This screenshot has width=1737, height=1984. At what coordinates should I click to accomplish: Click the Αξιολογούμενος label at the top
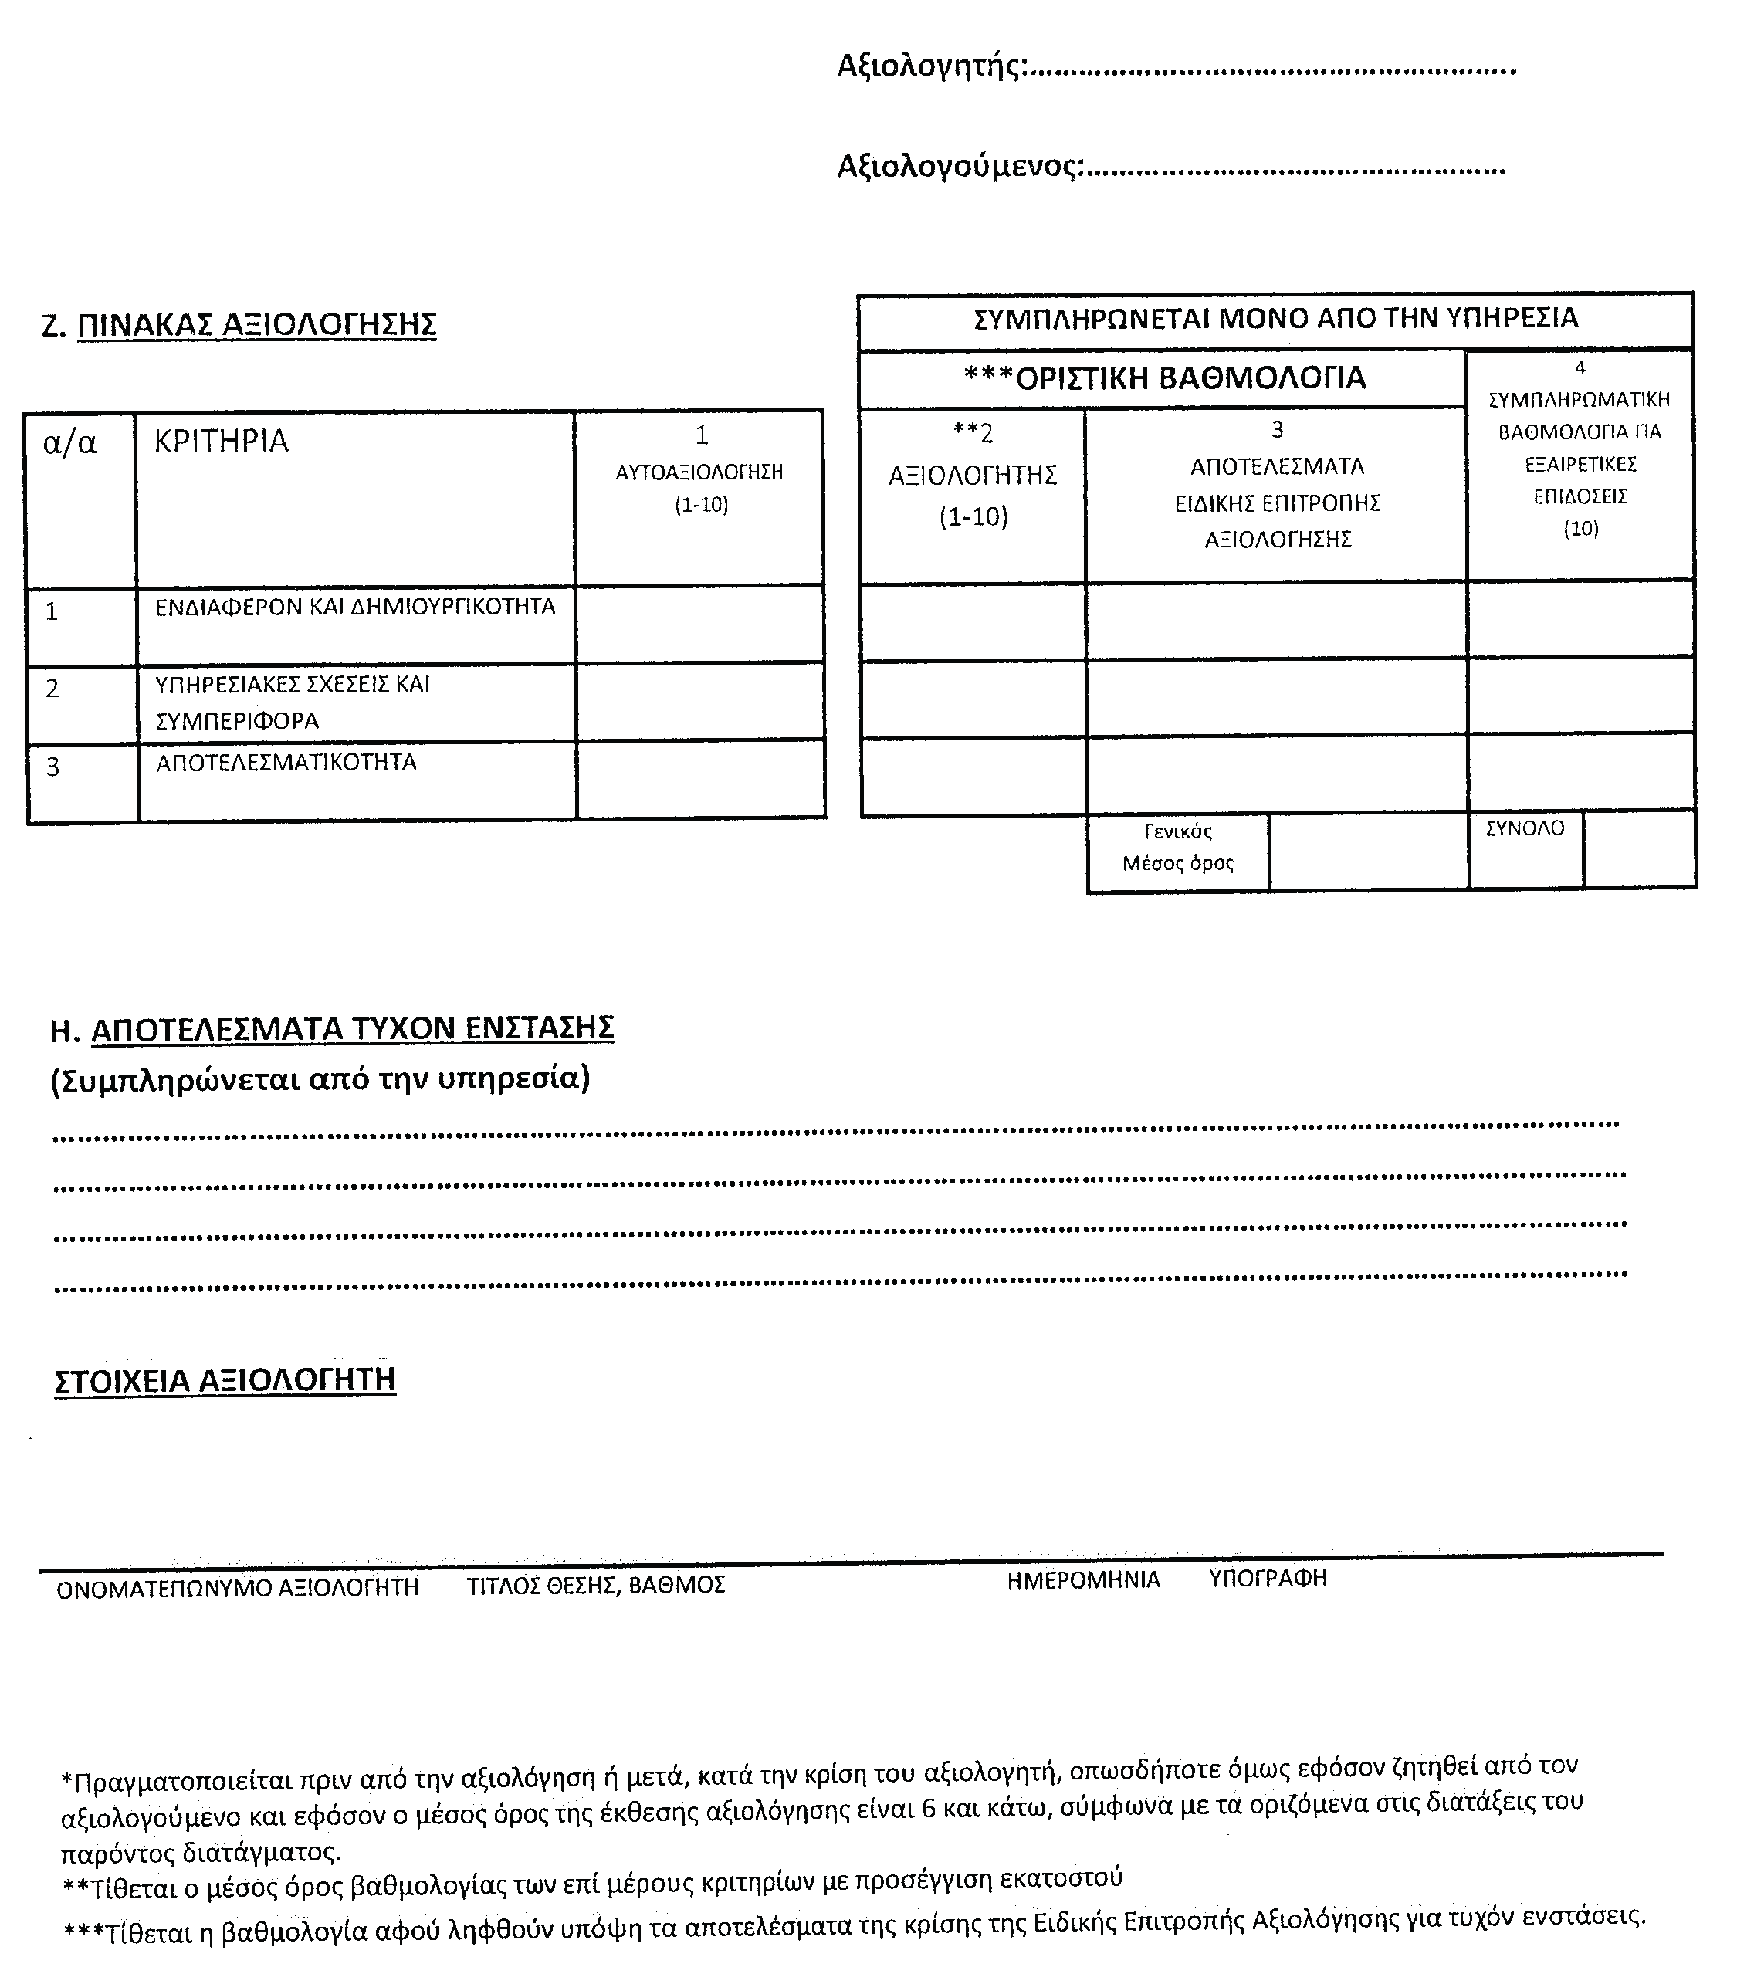pos(959,167)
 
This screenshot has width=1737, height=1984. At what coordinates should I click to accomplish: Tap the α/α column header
pos(69,442)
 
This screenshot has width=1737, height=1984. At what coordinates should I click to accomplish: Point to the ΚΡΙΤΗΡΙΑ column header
pos(221,441)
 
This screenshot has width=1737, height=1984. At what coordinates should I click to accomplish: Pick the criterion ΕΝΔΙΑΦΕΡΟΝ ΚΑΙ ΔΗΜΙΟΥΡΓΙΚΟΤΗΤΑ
pos(355,608)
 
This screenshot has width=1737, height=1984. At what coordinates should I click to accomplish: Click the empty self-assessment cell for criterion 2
pos(700,703)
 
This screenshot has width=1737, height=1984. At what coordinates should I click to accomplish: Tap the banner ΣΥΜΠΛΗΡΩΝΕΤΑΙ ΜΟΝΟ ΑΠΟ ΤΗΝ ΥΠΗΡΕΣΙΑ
pos(1275,318)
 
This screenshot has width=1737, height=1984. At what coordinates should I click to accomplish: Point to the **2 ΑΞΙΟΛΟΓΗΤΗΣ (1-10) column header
pos(972,475)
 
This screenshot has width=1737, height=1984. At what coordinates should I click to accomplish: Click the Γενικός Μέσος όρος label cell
pos(1178,848)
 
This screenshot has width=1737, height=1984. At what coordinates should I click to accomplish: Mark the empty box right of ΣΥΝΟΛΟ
pos(1639,849)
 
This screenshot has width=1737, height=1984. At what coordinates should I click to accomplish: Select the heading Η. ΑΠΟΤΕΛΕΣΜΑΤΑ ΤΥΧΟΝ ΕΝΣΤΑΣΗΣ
pos(331,1028)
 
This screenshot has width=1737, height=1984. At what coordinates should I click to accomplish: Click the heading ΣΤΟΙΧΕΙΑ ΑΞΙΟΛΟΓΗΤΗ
pos(225,1380)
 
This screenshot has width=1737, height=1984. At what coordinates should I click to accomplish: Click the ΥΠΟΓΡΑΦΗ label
pos(1267,1579)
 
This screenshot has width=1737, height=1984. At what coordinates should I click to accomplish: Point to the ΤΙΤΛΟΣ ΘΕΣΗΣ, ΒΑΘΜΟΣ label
pos(595,1586)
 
